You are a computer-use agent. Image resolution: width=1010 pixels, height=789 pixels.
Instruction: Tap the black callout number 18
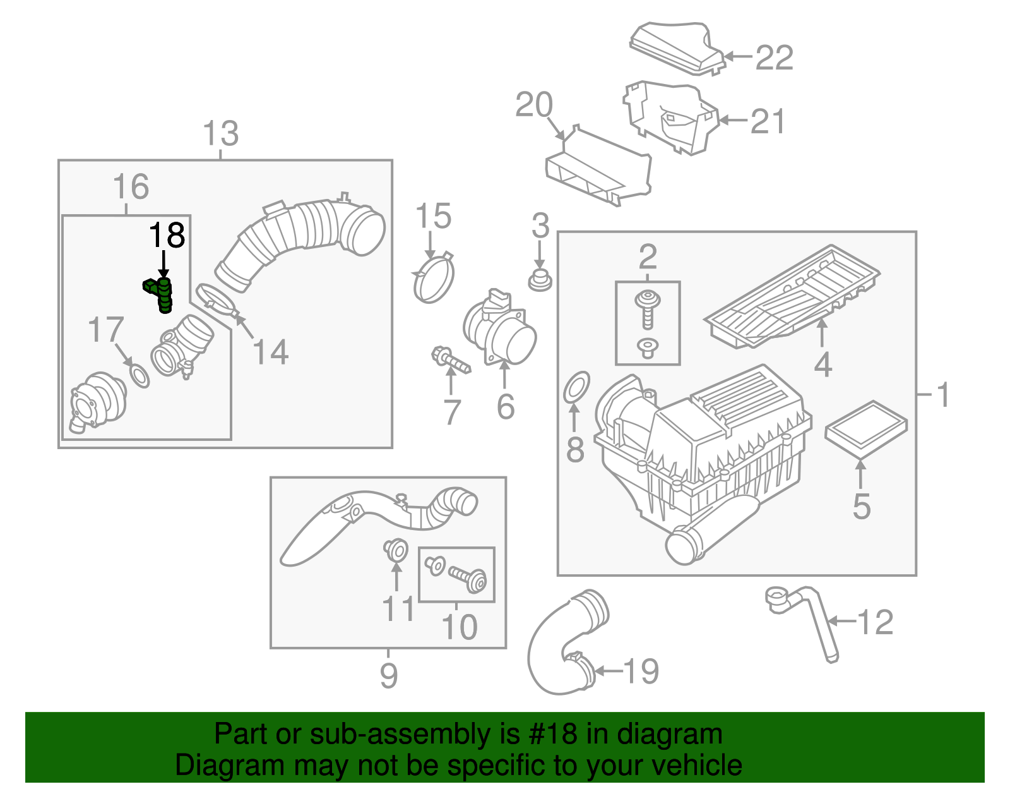coord(167,236)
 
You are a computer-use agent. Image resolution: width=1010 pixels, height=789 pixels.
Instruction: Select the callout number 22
coord(774,58)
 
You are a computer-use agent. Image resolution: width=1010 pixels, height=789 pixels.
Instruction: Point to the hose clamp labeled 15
coord(434,279)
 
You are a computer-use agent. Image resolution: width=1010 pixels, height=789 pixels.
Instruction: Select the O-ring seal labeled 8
coord(576,386)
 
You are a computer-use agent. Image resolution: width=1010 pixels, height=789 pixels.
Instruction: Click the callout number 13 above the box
coord(221,134)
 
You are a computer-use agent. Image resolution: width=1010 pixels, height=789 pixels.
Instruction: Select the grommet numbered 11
coord(396,550)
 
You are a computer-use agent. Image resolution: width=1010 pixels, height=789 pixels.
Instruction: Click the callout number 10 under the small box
coord(460,627)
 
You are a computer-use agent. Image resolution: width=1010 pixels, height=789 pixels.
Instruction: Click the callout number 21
coord(768,121)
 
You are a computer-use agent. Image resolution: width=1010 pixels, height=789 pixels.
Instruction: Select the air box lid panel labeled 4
coord(792,297)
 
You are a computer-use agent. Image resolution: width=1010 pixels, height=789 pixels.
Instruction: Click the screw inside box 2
coord(647,310)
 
